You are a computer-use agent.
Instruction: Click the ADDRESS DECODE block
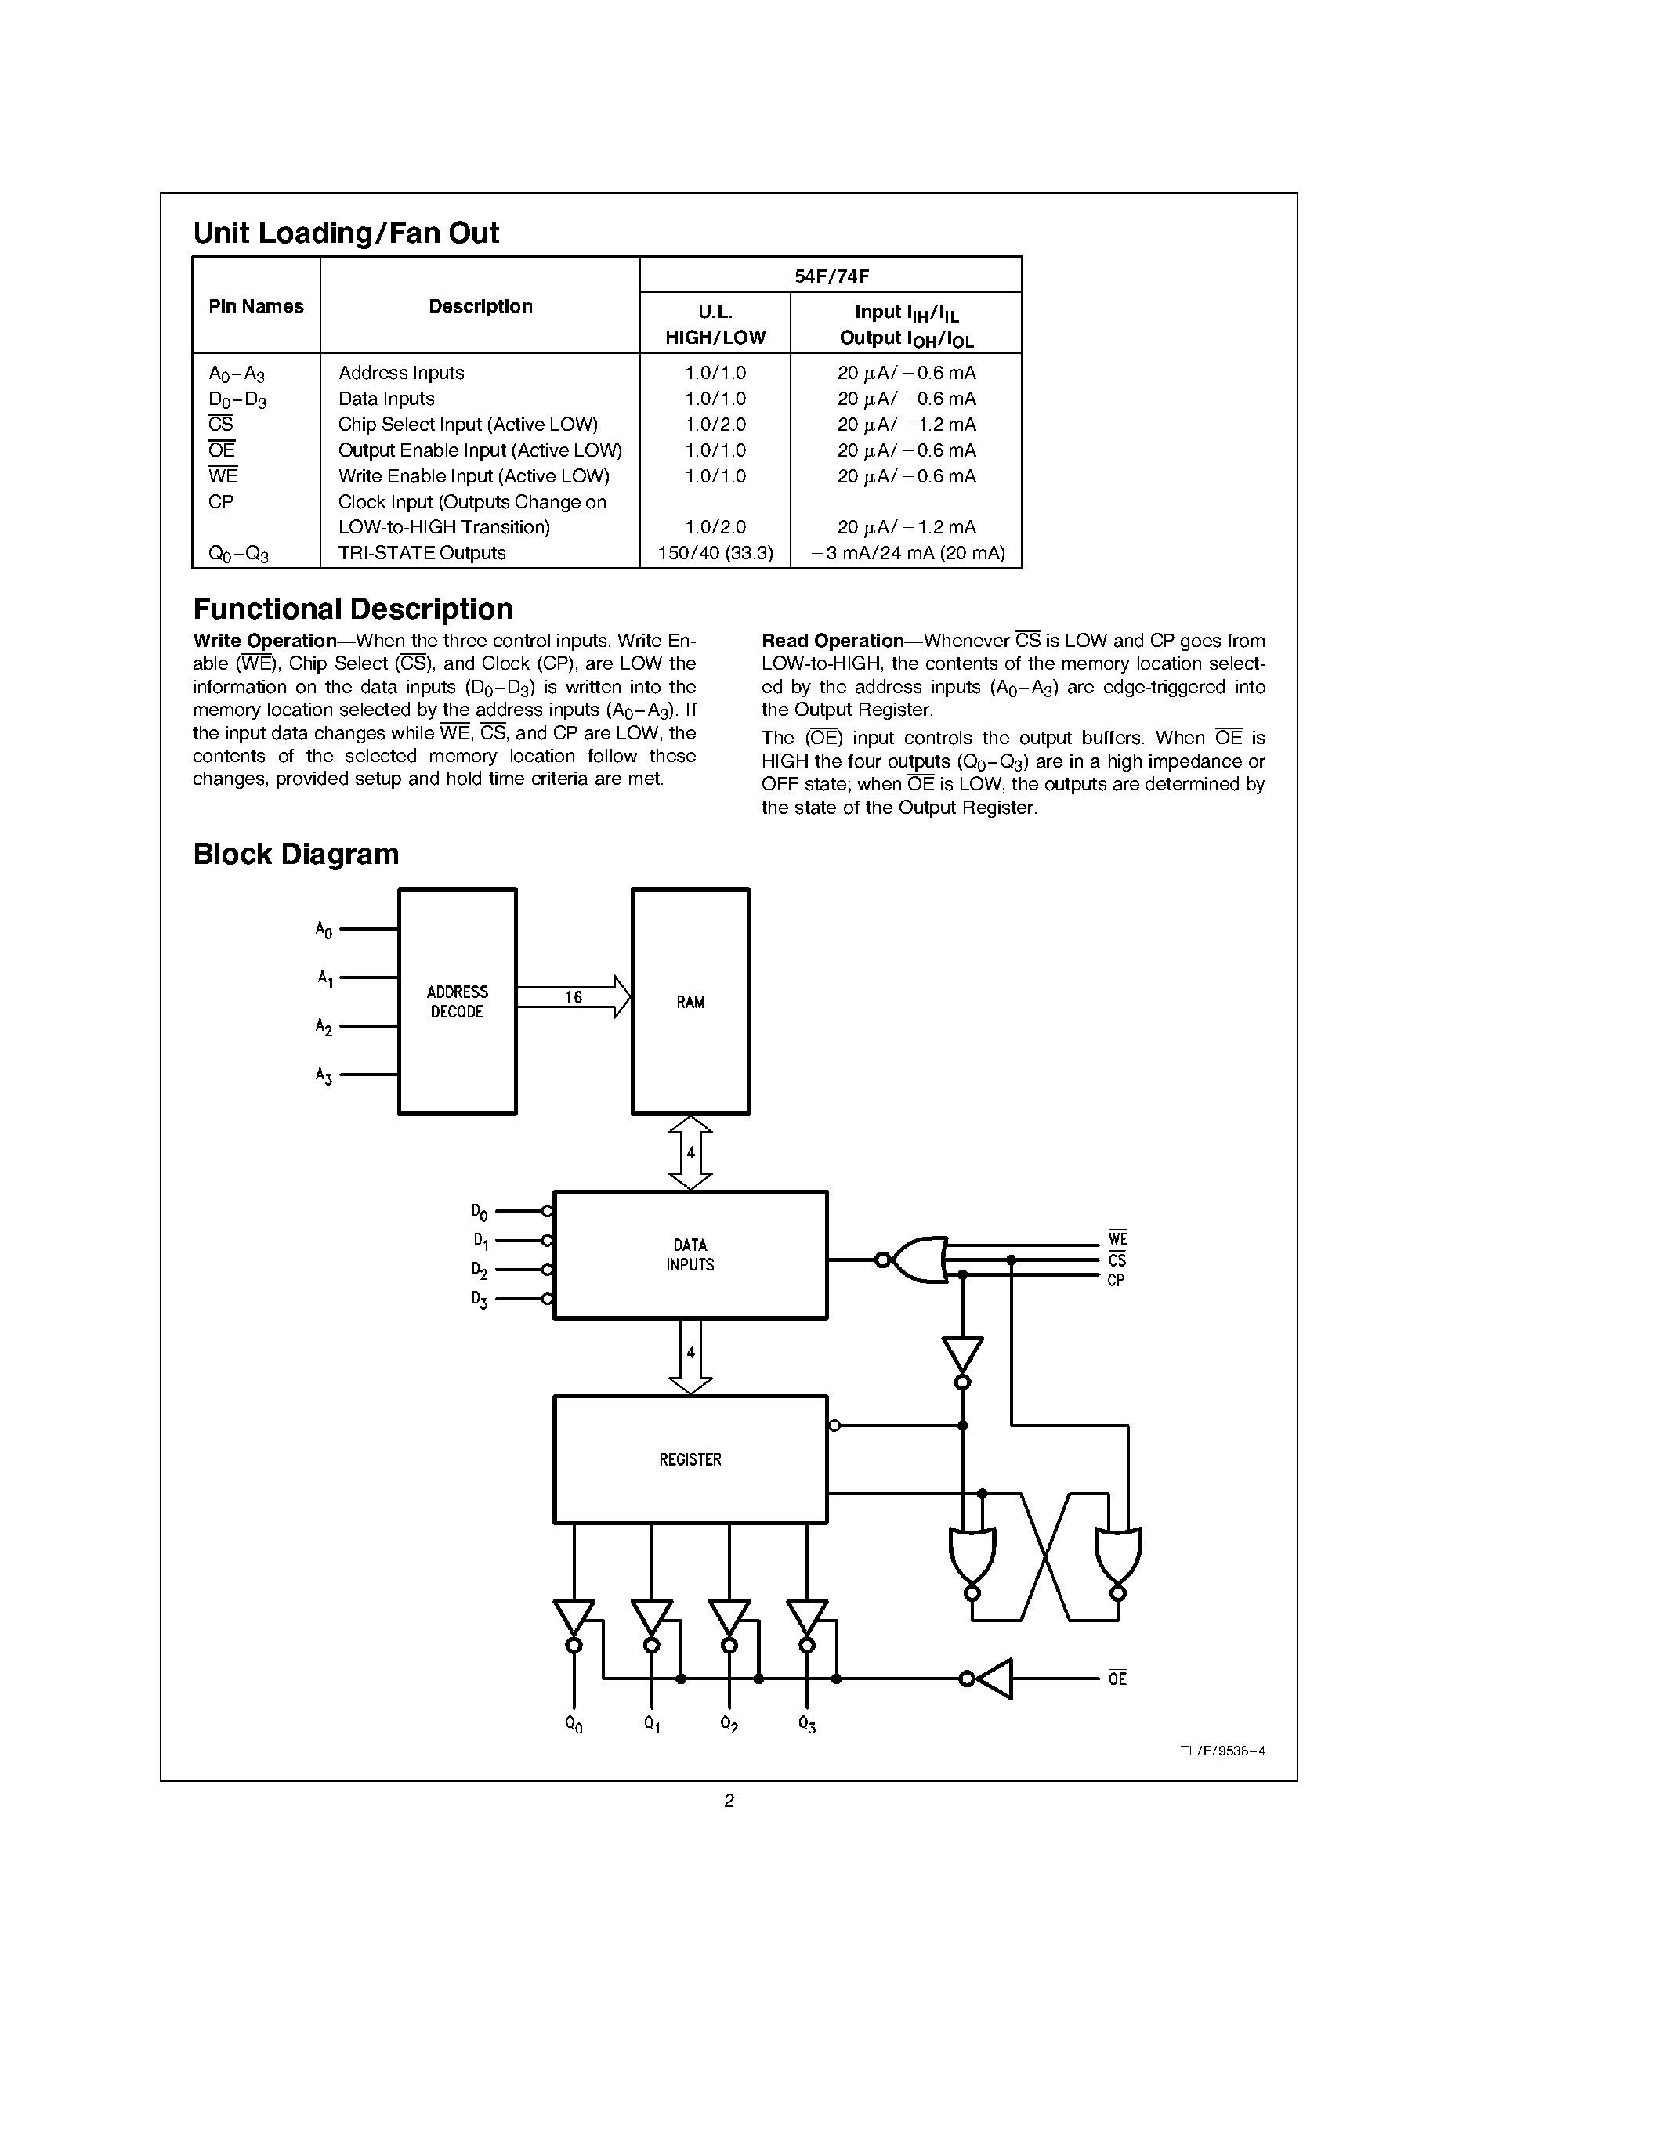pos(457,1001)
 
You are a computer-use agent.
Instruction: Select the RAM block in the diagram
pos(690,1001)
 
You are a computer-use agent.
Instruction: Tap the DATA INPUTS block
pos(690,1255)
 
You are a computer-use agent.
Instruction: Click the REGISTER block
pos(690,1458)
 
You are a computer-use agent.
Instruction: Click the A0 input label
pos(324,929)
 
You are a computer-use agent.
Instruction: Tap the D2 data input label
pos(480,1270)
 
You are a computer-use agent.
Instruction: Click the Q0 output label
pos(573,1724)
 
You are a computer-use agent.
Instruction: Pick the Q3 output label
pos(807,1724)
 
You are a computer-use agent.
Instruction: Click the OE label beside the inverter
pos(1117,1679)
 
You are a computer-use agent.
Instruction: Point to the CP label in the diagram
pos(1116,1280)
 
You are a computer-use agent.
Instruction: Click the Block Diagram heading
pos(296,854)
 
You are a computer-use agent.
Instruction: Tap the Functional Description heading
pos(353,609)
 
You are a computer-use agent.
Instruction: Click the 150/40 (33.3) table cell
pos(715,553)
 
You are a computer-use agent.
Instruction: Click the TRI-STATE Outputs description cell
pos(422,553)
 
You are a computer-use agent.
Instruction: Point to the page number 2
pos(729,1801)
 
